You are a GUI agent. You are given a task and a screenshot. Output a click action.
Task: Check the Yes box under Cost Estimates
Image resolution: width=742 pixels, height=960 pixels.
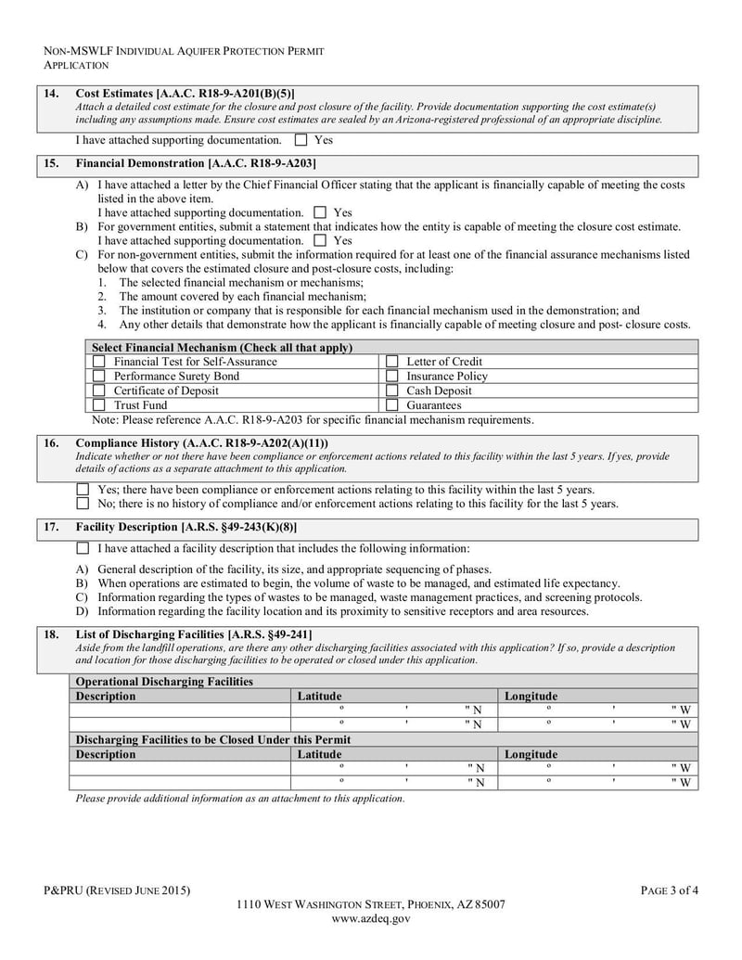coord(301,141)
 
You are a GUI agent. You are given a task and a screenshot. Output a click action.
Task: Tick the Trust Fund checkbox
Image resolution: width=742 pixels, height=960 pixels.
coord(98,405)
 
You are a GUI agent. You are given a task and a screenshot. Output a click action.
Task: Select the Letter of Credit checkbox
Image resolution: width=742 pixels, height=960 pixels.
coord(391,362)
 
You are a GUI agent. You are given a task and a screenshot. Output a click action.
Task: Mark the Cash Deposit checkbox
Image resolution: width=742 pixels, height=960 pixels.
coord(391,390)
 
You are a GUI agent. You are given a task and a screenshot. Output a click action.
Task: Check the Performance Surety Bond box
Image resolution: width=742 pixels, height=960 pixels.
coord(98,376)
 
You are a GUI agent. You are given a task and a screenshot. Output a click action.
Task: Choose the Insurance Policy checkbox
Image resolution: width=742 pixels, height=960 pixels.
coord(391,376)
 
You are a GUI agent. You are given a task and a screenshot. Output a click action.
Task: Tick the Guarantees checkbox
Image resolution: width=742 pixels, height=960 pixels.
coord(391,405)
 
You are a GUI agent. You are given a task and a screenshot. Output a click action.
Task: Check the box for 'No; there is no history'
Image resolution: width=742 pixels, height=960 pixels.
coord(83,504)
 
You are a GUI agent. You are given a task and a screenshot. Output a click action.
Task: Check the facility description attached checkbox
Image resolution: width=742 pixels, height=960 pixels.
coord(83,548)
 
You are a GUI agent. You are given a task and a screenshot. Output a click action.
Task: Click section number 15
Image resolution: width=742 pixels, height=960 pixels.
coord(52,163)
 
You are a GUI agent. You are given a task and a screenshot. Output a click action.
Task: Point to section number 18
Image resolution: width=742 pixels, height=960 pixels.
coord(52,634)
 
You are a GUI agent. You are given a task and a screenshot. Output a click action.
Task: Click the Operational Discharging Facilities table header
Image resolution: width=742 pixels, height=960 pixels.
coord(164,682)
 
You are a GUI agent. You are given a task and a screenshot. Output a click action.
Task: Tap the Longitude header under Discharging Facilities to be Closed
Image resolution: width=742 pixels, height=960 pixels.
coord(531,754)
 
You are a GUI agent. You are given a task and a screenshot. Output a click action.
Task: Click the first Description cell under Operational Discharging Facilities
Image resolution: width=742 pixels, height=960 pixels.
coord(181,710)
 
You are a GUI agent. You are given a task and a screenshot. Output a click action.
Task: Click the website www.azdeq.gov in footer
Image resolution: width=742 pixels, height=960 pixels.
coord(370,919)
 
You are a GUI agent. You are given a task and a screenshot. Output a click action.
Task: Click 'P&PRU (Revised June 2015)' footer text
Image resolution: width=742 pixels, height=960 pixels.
coord(117,891)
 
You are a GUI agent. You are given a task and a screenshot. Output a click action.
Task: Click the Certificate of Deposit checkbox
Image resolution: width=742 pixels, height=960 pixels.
coord(98,390)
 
